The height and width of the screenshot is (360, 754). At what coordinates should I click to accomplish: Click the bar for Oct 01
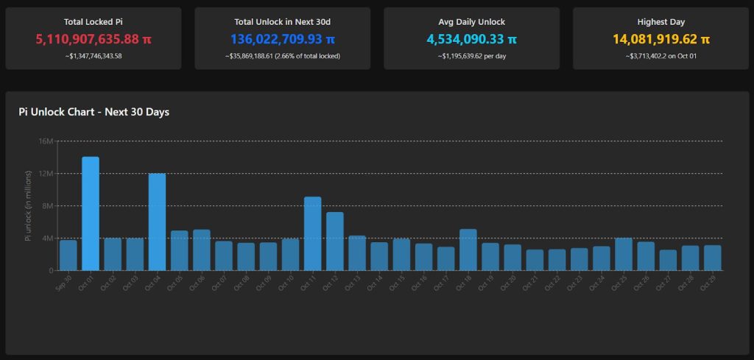pos(90,213)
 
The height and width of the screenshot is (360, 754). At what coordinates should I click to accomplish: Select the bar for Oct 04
pos(157,222)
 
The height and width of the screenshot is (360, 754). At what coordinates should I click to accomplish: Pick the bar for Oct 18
pos(468,250)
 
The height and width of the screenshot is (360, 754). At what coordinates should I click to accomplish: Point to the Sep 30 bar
pos(68,255)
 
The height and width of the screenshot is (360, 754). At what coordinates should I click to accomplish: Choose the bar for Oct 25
pos(623,254)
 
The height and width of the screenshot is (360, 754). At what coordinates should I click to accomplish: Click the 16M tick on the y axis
pos(46,141)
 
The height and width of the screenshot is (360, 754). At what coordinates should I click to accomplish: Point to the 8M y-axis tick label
pos(49,206)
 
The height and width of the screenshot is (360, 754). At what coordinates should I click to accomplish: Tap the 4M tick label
pos(49,239)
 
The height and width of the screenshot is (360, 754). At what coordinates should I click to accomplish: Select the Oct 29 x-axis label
pos(709,282)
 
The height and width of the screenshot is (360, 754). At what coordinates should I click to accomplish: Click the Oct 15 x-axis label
pos(398,282)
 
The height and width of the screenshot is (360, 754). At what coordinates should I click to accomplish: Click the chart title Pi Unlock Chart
pos(94,112)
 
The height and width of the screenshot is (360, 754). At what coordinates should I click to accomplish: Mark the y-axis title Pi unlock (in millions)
pos(29,206)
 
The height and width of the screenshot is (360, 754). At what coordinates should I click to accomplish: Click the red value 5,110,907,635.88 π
pos(94,39)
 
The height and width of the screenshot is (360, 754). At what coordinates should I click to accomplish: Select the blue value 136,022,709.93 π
pos(283,39)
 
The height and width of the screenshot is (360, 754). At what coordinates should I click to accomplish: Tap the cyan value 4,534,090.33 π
pos(471,39)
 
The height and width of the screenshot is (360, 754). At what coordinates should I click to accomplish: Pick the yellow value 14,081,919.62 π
pos(660,39)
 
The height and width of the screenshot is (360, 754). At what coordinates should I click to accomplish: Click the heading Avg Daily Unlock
pos(471,22)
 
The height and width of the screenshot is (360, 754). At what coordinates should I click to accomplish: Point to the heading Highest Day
pos(660,22)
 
